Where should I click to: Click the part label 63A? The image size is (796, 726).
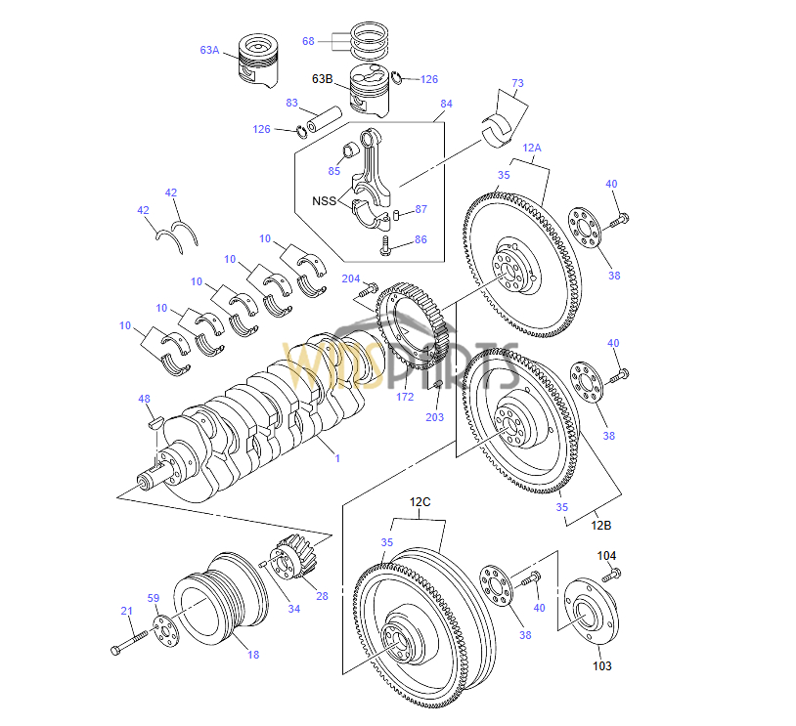coord(210,49)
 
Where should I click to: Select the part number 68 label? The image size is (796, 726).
coord(308,41)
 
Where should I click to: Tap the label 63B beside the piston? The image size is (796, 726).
coord(324,78)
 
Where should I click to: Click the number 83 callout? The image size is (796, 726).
coord(292,103)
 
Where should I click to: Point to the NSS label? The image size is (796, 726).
coord(324,202)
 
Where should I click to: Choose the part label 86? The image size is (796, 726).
coord(420,238)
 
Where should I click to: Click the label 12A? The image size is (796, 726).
coord(532,148)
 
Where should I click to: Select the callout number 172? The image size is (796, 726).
coord(406,397)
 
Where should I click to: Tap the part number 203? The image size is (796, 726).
coord(434,417)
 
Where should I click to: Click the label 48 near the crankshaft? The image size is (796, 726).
coord(144,399)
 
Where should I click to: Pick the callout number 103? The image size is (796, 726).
coord(602,666)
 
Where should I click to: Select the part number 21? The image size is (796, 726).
coord(126,612)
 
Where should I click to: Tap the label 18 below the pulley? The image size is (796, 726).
coord(252,655)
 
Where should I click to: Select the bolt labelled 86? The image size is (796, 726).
coord(386,244)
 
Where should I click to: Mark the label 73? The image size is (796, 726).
coord(517,83)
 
